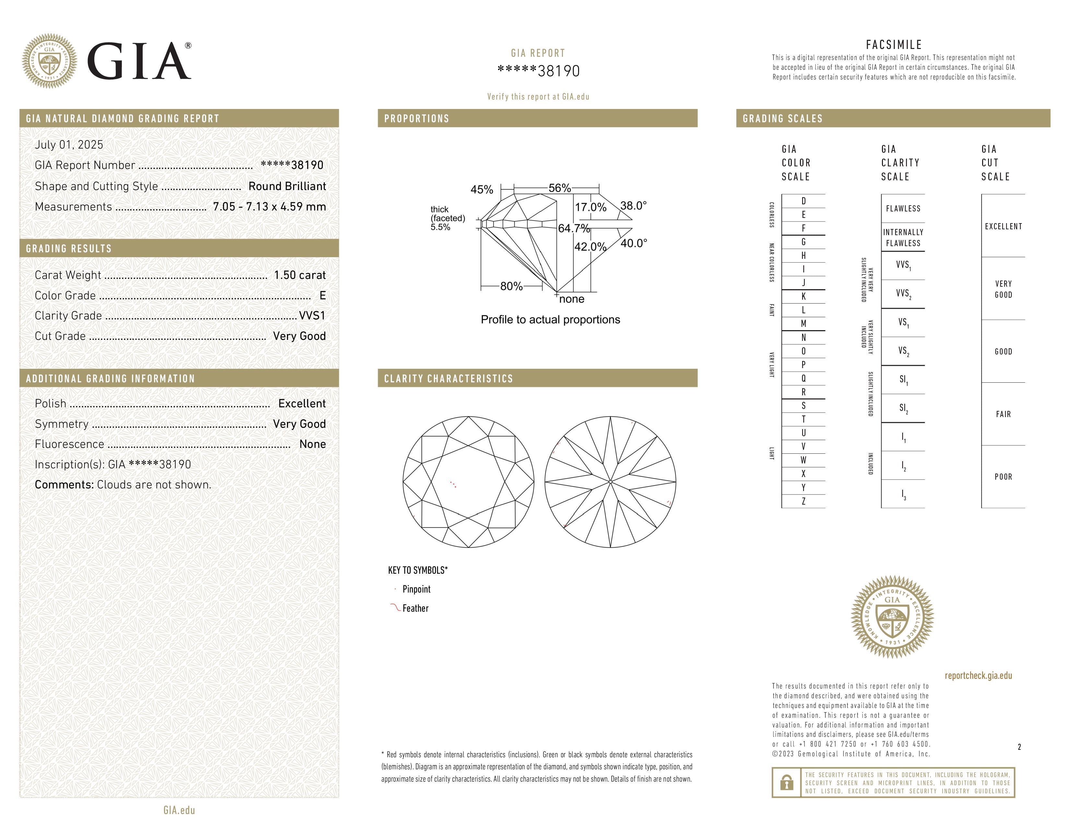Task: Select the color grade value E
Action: coord(322,295)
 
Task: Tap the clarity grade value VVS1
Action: coord(312,316)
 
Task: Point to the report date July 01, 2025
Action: coord(69,145)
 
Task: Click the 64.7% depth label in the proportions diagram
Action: coord(574,228)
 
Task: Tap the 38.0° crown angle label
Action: coord(634,206)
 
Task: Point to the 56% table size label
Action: coord(560,188)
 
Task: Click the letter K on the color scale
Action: coord(803,296)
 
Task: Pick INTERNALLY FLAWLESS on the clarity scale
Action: coord(903,238)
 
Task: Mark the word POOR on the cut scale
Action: coord(1003,477)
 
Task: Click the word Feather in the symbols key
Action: coord(415,608)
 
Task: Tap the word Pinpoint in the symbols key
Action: coord(416,589)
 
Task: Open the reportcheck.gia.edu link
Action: coord(978,676)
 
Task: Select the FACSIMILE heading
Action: coord(894,45)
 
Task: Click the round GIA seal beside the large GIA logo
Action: coord(49,61)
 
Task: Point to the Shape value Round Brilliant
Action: coord(287,186)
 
